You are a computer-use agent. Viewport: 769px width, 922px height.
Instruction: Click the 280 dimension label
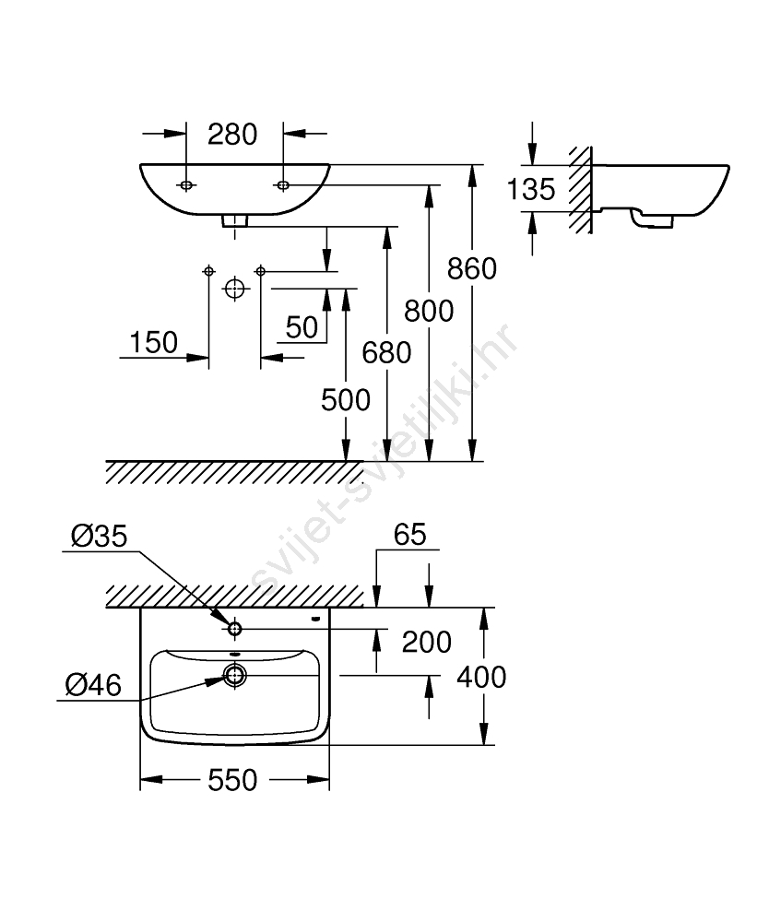pos(231,135)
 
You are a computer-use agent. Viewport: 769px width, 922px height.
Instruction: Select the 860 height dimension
pos(471,268)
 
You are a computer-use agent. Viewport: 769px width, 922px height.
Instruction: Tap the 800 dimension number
pos(429,312)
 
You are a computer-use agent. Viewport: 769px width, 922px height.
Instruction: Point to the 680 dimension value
pos(386,352)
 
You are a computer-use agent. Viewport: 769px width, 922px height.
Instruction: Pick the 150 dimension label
pos(153,343)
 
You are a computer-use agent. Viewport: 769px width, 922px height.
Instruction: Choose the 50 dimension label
pos(301,327)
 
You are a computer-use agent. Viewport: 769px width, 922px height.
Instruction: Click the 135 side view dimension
pos(531,190)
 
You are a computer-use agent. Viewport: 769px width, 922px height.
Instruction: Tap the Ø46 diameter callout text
pos(93,683)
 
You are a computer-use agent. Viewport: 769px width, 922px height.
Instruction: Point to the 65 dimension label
pos(410,535)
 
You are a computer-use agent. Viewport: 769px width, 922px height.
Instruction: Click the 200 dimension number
pos(425,642)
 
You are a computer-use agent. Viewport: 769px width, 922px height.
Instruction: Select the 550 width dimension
pos(232,781)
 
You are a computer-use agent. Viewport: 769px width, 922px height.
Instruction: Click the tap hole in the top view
pos(234,629)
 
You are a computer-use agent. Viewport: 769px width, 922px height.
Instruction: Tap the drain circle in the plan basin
pos(235,676)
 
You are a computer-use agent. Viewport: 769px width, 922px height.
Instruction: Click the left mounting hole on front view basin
pos(186,186)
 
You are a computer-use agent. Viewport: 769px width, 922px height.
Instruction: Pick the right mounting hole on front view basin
pos(283,186)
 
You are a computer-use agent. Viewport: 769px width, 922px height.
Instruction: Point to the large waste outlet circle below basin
pos(235,290)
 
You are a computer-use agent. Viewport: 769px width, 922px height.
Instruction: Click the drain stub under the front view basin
pos(235,220)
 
